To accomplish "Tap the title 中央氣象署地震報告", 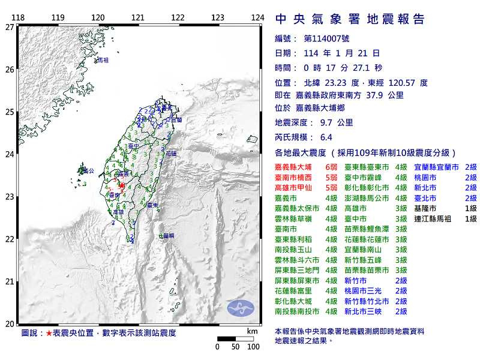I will tap(350, 19).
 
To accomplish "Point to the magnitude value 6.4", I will tap(326, 137).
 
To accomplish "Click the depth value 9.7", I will tap(327, 122).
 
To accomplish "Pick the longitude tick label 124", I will tap(257, 17).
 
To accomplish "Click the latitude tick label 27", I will tap(10, 27).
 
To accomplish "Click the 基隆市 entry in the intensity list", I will tap(425, 208).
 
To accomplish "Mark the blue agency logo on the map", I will tap(241, 308).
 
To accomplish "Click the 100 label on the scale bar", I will tap(253, 346).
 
